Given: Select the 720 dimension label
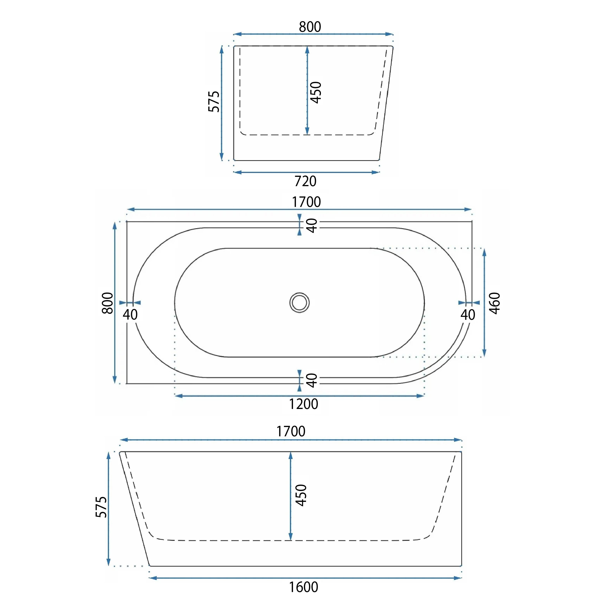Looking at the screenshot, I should [x=305, y=181].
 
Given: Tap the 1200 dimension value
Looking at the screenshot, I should [x=303, y=404].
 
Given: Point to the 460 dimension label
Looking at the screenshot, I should [x=495, y=303].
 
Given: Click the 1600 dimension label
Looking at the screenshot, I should [x=303, y=587].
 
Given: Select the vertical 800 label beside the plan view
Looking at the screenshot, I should [x=108, y=303].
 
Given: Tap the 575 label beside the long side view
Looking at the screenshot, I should [x=101, y=507].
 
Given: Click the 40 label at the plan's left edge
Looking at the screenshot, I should [x=130, y=314].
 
